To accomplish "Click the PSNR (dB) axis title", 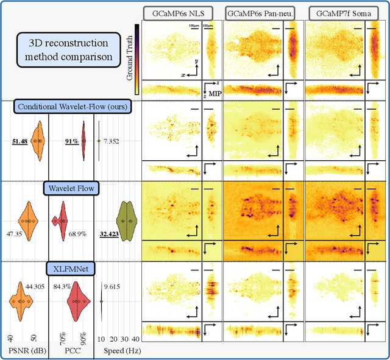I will pyautogui.click(x=25, y=351).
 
